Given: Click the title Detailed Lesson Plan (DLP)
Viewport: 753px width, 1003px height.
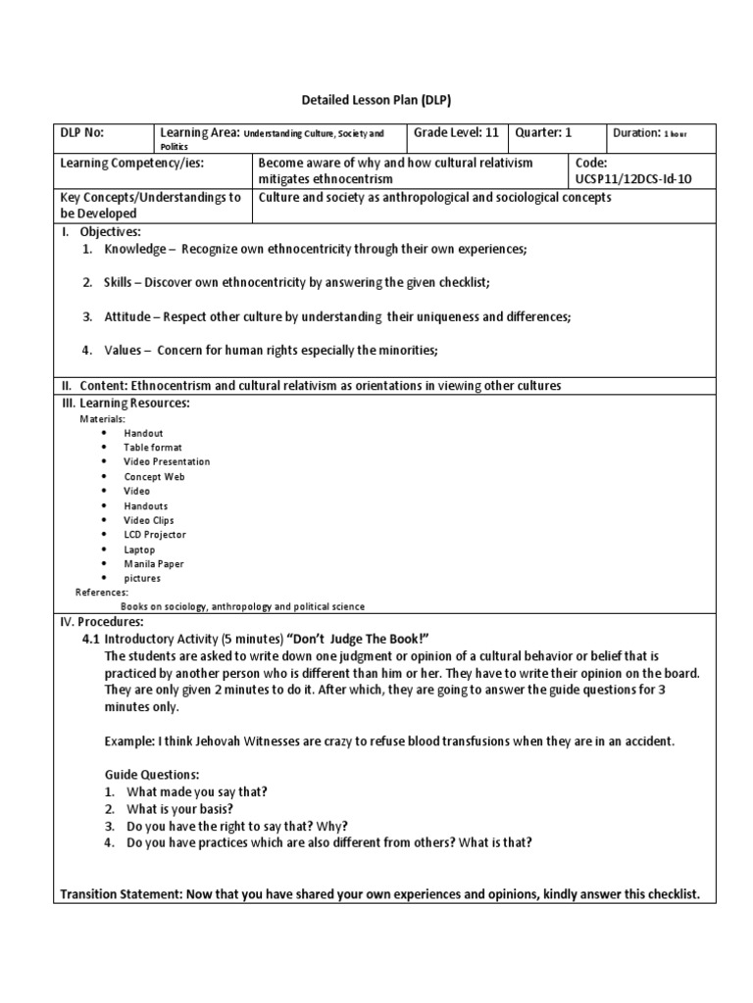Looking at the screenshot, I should (x=376, y=100).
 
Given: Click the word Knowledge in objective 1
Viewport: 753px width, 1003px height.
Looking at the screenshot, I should (x=135, y=250).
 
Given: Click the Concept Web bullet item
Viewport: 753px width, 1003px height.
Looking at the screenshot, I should (x=154, y=477).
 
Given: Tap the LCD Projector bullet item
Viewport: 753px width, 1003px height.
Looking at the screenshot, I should (x=154, y=535).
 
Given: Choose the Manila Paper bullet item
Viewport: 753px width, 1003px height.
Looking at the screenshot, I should (x=153, y=564).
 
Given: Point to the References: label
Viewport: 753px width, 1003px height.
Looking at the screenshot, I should (x=101, y=593).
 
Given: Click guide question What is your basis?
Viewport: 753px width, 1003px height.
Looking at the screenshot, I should (x=179, y=809).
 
